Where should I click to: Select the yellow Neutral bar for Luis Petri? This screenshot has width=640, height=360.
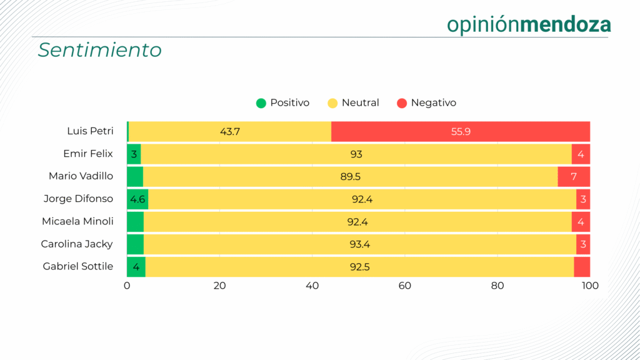(x=230, y=131)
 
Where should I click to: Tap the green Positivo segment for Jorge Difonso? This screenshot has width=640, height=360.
(x=137, y=199)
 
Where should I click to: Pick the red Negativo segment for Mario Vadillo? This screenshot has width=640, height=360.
(x=574, y=177)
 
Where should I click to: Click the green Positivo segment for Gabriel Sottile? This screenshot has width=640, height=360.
(x=136, y=267)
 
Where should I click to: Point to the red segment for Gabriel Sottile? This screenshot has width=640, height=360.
(x=582, y=267)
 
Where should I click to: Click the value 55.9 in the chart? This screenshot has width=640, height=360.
(x=461, y=132)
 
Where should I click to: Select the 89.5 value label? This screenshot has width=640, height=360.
(x=351, y=177)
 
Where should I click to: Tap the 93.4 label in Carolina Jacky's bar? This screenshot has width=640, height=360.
(x=360, y=244)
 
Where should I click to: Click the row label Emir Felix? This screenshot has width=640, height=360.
(x=88, y=154)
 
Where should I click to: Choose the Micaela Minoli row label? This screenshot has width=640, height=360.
(x=77, y=221)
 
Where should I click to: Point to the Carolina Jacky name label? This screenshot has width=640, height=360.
(x=77, y=244)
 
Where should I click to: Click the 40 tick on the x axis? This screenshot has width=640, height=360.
(x=312, y=286)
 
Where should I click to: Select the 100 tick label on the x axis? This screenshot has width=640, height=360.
(x=590, y=286)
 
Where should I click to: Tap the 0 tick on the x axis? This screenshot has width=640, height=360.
(x=127, y=286)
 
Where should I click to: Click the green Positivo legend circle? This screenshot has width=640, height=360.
(x=261, y=103)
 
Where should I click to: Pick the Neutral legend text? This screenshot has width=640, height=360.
(x=360, y=103)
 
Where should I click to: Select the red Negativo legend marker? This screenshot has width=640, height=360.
(x=402, y=103)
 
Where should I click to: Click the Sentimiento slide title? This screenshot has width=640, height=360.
(x=99, y=50)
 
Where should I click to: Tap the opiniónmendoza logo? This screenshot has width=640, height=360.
(x=529, y=24)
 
